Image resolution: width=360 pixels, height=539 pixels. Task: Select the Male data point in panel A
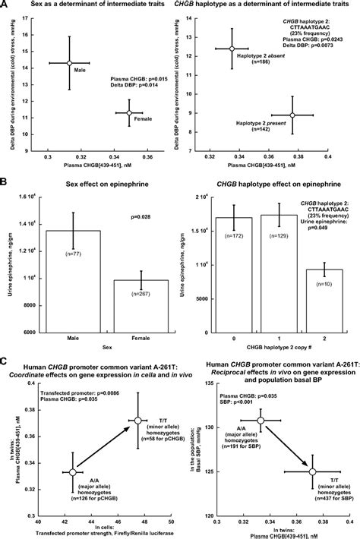[68, 63]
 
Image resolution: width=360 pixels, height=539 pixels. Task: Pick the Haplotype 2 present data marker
[292, 115]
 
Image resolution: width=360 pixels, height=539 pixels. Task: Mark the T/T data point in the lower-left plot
[137, 441]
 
